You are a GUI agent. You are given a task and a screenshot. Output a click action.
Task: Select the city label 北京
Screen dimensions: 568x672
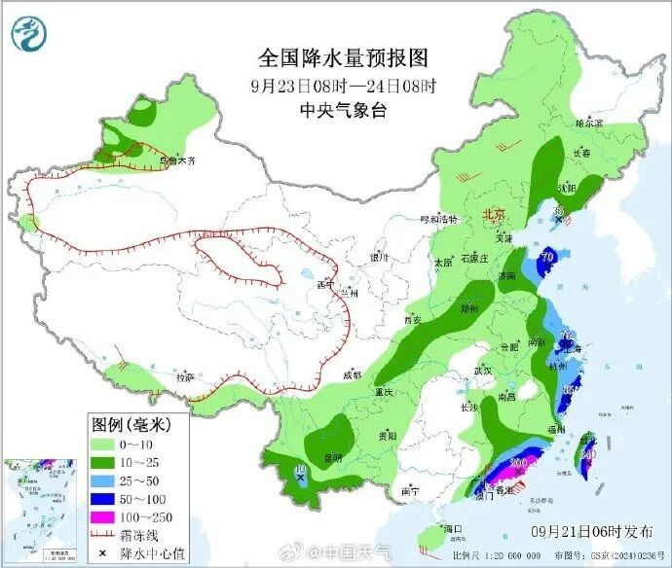[x=494, y=215]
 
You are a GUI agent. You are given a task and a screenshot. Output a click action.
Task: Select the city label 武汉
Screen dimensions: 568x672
[x=482, y=371]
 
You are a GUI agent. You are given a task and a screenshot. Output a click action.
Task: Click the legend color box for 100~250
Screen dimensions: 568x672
[x=104, y=515]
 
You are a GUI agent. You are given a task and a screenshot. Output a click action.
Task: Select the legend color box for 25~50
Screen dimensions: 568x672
[x=104, y=479]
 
